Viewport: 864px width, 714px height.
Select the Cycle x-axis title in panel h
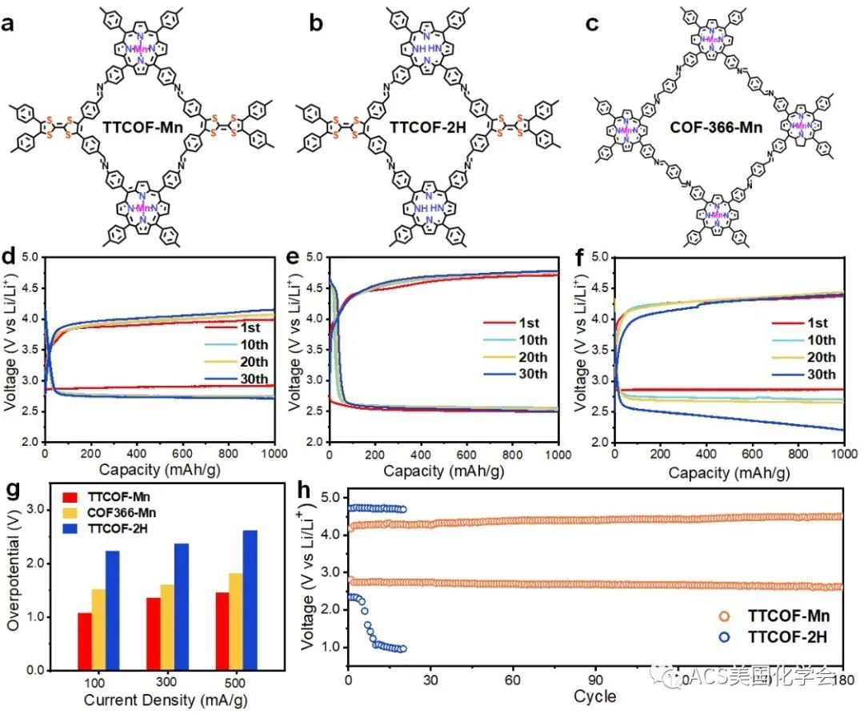[x=594, y=696]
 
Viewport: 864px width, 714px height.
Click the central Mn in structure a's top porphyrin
[x=141, y=50]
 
